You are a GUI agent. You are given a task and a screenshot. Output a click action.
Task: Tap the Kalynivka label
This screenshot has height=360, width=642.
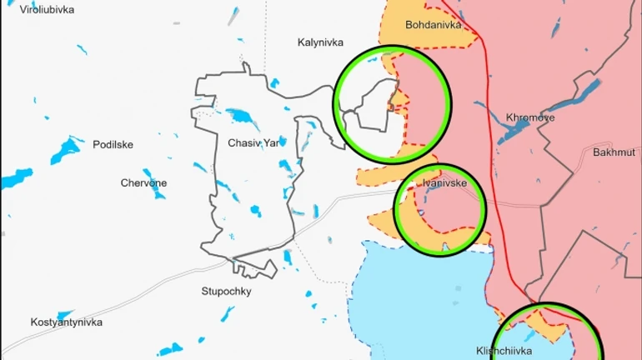(x=321, y=42)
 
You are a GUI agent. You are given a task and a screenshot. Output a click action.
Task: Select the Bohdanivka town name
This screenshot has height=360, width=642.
(x=434, y=25)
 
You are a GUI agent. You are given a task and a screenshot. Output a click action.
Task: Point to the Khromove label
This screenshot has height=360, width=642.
(x=530, y=117)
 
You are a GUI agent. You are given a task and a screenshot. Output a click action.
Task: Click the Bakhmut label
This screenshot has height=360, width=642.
(x=614, y=152)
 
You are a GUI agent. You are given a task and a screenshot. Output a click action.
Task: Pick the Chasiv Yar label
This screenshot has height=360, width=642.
(x=254, y=142)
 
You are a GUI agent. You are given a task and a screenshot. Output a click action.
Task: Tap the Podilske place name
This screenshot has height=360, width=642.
(x=113, y=144)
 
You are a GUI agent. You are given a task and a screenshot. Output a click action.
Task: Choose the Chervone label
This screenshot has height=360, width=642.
(x=143, y=182)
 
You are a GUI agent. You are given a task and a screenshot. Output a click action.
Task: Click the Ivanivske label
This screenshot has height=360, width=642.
(x=439, y=182)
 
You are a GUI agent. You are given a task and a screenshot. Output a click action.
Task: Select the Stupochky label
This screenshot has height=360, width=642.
(x=226, y=292)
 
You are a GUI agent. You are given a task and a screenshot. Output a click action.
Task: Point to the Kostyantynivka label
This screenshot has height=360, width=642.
(x=66, y=322)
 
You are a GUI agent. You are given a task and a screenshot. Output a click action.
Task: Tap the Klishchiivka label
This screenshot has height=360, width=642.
(x=504, y=351)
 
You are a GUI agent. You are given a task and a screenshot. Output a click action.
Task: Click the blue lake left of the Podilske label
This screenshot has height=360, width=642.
(x=65, y=150)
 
